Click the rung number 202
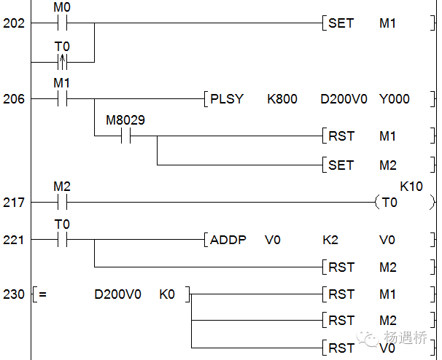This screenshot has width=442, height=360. (x=14, y=23)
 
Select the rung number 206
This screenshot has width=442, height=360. (x=14, y=98)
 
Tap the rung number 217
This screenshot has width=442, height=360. (x=14, y=202)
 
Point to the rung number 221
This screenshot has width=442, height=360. (x=14, y=240)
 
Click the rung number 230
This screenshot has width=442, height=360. (x=14, y=294)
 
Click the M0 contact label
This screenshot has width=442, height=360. (x=62, y=8)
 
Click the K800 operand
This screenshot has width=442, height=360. (x=282, y=98)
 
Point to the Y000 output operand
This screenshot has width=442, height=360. (x=394, y=98)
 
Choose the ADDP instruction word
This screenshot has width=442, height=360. (x=228, y=240)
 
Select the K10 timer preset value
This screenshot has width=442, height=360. (x=411, y=187)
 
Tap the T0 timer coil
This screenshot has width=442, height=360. (x=389, y=203)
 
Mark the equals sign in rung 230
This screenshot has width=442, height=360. (x=43, y=295)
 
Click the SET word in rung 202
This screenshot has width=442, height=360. (x=341, y=23)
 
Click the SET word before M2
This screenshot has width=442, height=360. (x=341, y=165)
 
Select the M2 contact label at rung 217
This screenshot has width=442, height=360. (x=62, y=187)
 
